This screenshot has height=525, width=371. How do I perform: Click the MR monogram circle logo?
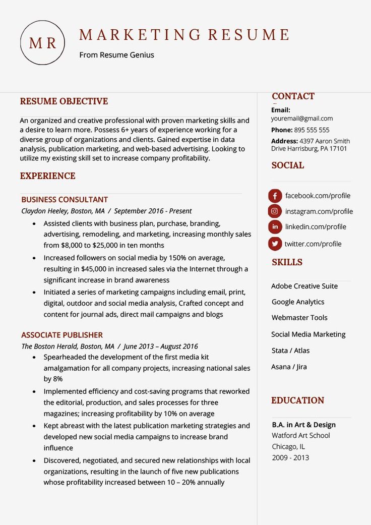click(x=42, y=43)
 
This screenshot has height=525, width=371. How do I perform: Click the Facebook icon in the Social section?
click(x=275, y=196)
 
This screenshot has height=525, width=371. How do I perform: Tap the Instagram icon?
click(x=275, y=211)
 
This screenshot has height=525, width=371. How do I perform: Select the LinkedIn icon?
click(x=275, y=227)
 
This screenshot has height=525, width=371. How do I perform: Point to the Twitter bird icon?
click(x=275, y=244)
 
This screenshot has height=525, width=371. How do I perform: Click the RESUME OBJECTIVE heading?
click(x=64, y=101)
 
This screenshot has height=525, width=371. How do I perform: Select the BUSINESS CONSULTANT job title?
click(x=65, y=200)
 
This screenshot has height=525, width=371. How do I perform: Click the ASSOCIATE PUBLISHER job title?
click(x=62, y=335)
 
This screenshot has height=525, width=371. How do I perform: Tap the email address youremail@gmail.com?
click(x=302, y=119)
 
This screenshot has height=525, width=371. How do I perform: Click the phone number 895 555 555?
click(x=312, y=130)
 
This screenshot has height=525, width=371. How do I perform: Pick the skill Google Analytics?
click(x=298, y=302)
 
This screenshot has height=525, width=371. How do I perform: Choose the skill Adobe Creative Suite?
click(x=304, y=286)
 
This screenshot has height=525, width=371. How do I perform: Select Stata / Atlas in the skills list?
click(x=290, y=351)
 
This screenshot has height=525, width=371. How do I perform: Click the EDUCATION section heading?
click(x=297, y=400)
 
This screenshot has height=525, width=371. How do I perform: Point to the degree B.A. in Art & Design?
click(x=303, y=425)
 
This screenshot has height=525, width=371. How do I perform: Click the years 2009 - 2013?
click(x=290, y=458)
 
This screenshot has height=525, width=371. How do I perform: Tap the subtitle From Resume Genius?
click(x=116, y=55)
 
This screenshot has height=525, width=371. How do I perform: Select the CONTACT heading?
click(x=293, y=96)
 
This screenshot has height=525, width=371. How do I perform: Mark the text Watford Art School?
click(x=301, y=436)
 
